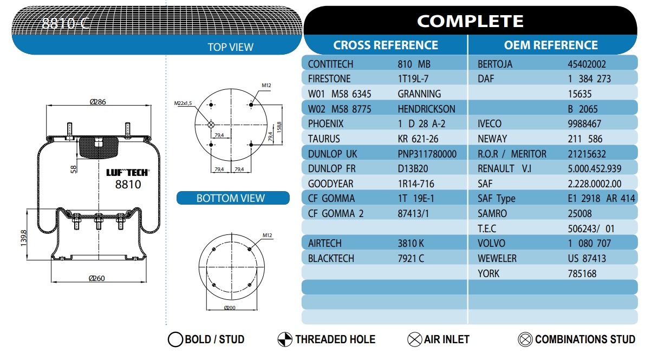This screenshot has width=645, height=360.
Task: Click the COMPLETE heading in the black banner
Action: coord(470,21)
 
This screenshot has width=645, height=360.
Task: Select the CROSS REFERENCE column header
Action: coord(386,45)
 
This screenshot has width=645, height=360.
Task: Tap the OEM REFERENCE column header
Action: coord(551,45)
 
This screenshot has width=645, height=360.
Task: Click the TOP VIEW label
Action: coord(230,47)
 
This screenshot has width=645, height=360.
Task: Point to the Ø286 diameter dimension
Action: coord(98,102)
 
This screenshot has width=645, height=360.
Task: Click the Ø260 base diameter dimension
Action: coord(97,278)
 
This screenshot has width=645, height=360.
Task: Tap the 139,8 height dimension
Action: coord(23,238)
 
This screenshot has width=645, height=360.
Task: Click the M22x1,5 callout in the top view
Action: coord(183,103)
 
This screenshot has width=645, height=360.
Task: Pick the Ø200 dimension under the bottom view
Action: coord(230,307)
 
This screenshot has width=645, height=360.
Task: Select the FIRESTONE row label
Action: coord(329,78)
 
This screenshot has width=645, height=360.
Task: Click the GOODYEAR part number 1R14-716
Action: coord(416,184)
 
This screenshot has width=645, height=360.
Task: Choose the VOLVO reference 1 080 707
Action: coord(589,243)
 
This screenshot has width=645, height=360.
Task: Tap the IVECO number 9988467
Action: coord(584,123)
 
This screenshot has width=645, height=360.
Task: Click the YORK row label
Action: coord(488,273)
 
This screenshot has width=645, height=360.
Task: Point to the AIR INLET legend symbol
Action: coord(415,339)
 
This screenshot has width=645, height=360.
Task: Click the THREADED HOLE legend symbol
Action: coord(285,339)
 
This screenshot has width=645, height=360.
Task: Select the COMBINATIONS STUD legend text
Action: coord(585,339)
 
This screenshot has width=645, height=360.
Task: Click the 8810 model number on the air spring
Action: coord(128,184)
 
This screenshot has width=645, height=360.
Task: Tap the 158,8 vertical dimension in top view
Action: coord(279,127)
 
